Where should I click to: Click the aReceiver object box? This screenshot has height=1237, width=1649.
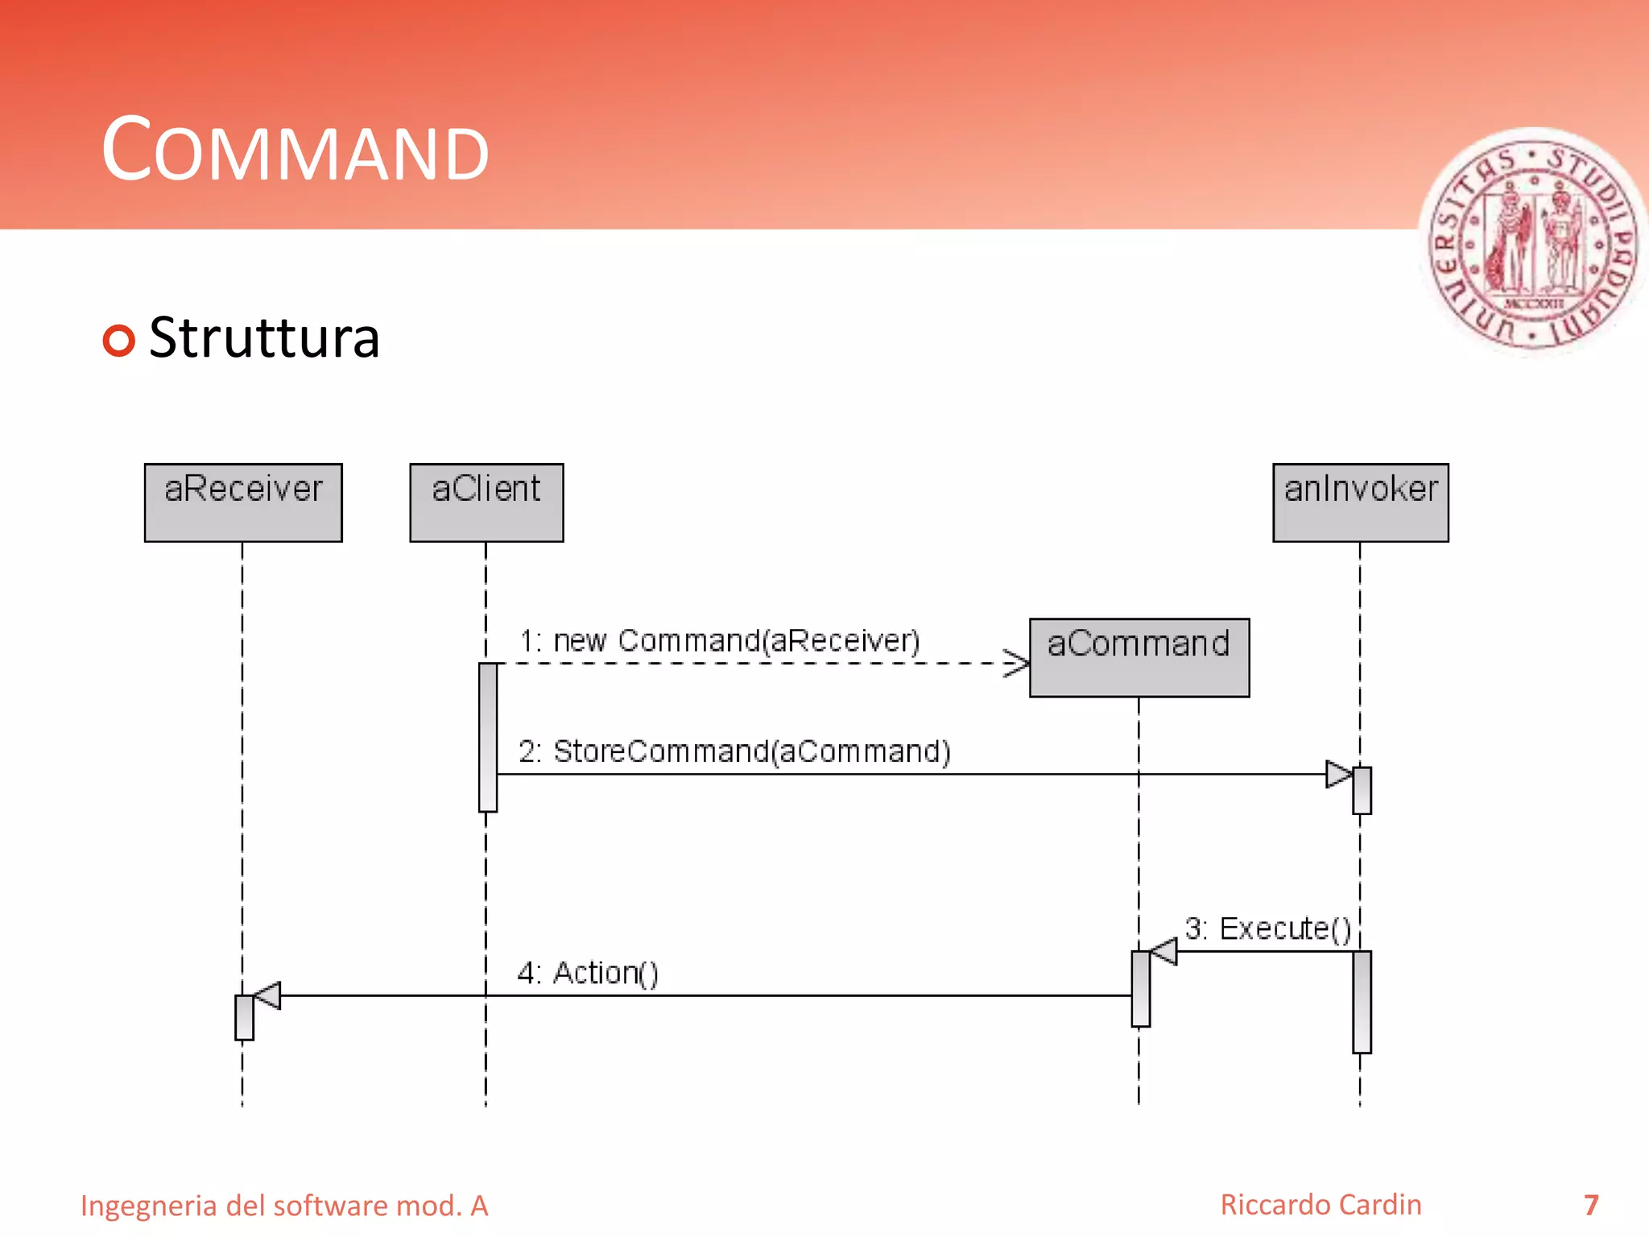[x=243, y=503]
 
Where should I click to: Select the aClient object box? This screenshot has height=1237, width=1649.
[x=486, y=503]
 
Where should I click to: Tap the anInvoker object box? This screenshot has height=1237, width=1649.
[x=1360, y=503]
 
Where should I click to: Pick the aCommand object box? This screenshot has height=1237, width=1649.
[x=1139, y=657]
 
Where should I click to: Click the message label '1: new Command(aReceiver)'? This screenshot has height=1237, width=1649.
[x=719, y=641]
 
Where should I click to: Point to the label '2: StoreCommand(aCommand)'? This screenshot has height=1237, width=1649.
[x=734, y=751]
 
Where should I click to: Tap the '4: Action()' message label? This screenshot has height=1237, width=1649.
[x=588, y=973]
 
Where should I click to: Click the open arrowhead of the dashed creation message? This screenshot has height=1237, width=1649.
[x=1018, y=664]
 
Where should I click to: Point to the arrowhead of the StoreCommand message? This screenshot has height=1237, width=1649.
[x=1339, y=774]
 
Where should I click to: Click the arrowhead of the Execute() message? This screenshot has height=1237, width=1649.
[x=1163, y=951]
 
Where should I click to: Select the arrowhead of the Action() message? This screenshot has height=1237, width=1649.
[x=267, y=995]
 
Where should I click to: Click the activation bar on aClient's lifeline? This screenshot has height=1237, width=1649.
[x=488, y=737]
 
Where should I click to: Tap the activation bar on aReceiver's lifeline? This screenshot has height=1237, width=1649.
[x=244, y=1017]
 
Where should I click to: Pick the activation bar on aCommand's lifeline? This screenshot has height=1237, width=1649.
[x=1140, y=988]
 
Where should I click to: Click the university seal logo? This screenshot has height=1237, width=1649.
[x=1533, y=242]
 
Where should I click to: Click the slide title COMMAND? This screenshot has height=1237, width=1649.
[x=295, y=151]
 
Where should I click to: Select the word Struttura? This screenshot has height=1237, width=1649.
[x=264, y=338]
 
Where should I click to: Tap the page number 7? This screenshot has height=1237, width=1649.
[x=1591, y=1205]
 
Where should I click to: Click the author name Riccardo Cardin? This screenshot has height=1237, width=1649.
[x=1320, y=1205]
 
